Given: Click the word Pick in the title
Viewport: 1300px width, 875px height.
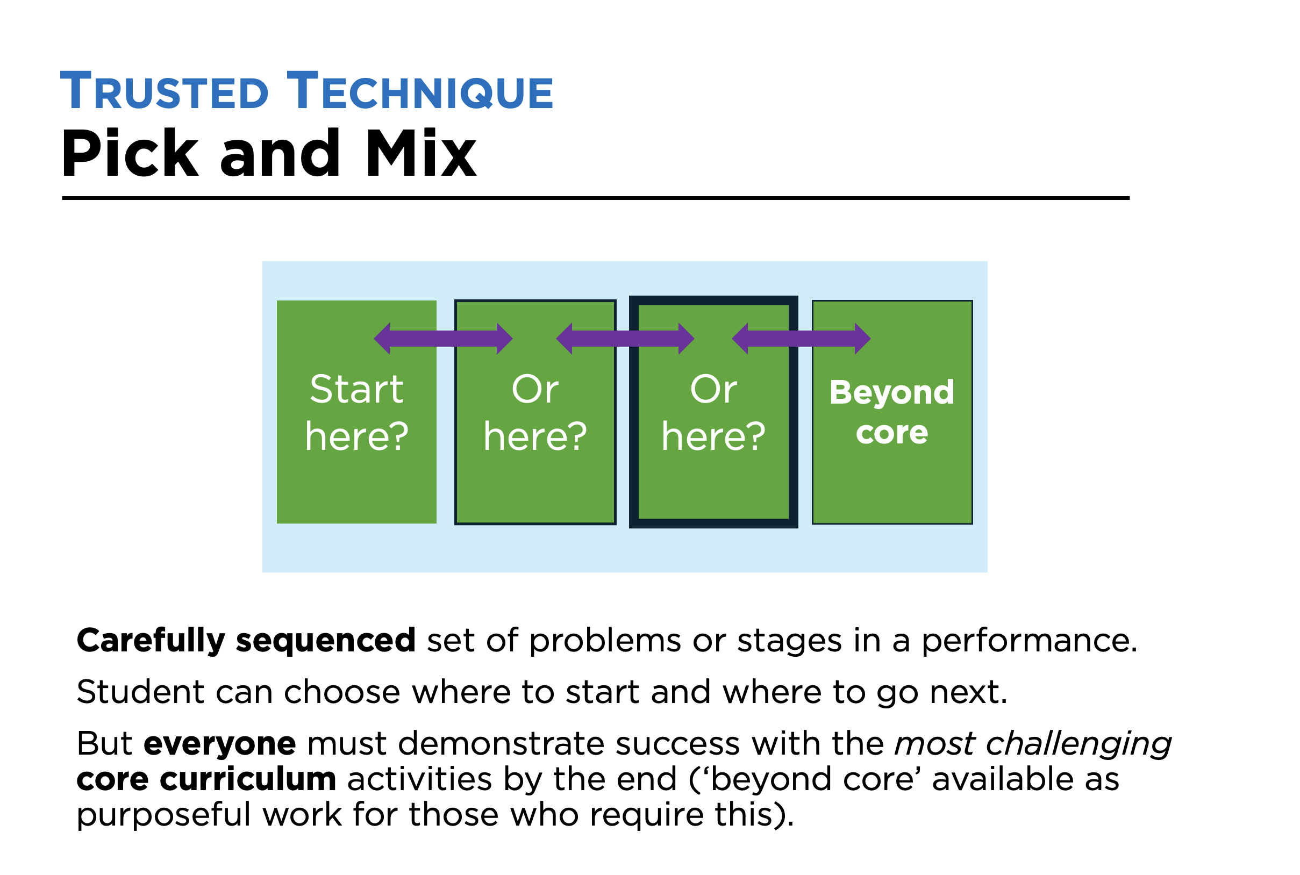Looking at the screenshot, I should [x=130, y=154].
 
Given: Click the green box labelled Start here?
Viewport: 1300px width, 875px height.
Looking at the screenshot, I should [x=356, y=480].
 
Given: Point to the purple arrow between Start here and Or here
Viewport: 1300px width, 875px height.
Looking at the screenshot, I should [x=442, y=338].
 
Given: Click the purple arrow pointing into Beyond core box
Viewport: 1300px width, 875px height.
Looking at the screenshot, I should [x=801, y=338].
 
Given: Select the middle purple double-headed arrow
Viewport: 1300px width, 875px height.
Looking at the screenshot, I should [x=625, y=338].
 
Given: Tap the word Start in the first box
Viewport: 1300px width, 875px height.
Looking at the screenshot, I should [x=356, y=389].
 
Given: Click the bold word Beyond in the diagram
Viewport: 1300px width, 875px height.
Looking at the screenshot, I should [x=891, y=392].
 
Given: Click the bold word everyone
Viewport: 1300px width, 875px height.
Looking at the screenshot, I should [x=219, y=744].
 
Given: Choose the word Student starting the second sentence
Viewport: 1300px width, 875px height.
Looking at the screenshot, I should [x=140, y=692].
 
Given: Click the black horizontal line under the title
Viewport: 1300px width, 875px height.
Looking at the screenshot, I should [x=595, y=198].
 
